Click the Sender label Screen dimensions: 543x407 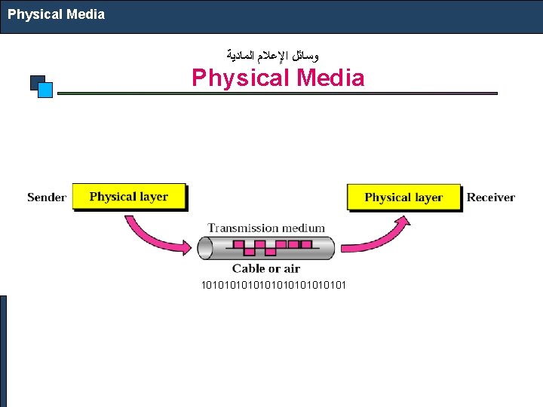47,197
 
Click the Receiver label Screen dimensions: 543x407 490,197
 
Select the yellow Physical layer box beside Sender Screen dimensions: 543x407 129,197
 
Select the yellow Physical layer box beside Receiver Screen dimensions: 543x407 403,197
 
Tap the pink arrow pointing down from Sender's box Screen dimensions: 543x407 155,233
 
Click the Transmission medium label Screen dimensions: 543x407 266,228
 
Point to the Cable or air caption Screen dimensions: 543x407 265,268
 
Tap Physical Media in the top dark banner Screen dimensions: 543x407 57,14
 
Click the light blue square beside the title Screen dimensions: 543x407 45,90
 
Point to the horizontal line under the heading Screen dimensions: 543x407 278,93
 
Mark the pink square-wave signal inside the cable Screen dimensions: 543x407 265,247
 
